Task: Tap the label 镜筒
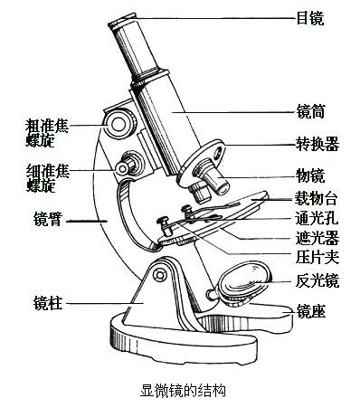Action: (309, 113)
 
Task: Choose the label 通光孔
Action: (317, 218)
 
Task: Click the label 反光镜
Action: (317, 280)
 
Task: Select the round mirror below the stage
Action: (242, 280)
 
